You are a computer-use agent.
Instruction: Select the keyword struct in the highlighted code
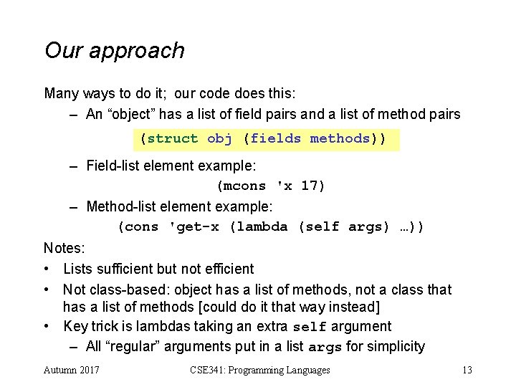(x=172, y=138)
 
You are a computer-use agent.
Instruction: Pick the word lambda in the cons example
(x=263, y=226)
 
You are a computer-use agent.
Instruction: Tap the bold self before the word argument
(x=310, y=327)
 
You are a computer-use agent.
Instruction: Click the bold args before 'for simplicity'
(x=324, y=348)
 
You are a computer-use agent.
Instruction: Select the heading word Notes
(x=64, y=249)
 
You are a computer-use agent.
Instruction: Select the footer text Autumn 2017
(x=72, y=370)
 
